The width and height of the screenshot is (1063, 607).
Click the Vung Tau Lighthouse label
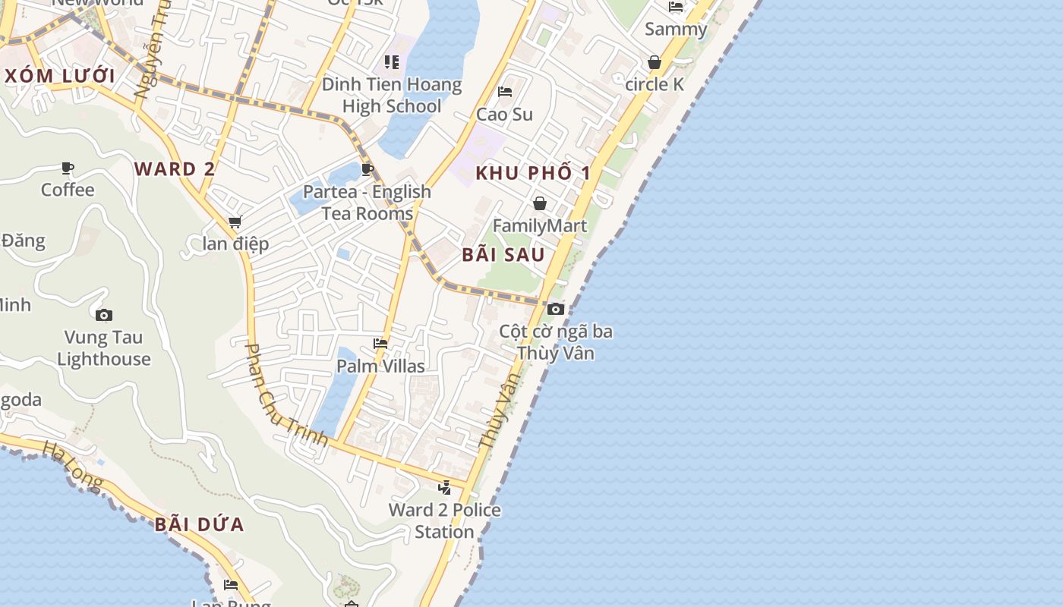[x=104, y=348]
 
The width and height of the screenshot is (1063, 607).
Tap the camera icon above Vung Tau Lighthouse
[x=104, y=315]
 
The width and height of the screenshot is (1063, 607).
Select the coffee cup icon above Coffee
[x=68, y=168]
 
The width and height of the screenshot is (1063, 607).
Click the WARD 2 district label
[x=175, y=169]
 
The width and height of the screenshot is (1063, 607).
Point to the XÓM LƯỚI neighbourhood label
[x=60, y=77]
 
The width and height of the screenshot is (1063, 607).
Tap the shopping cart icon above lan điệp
[x=235, y=222]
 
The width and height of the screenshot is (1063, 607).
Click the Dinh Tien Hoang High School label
[x=392, y=95]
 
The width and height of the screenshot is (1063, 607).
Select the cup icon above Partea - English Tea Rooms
[x=367, y=169]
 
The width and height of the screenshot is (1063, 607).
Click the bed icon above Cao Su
[x=505, y=93]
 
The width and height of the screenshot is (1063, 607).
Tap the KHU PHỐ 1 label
[x=533, y=173]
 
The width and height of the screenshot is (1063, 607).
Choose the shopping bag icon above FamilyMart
[x=540, y=203]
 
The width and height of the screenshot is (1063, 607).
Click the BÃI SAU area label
[x=503, y=255]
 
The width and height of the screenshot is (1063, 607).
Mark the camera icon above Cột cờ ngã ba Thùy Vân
[x=556, y=309]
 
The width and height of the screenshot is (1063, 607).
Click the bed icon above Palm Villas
[x=380, y=344]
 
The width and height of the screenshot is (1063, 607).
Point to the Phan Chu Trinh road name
[x=286, y=395]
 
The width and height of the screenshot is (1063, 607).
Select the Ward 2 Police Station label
[x=444, y=521]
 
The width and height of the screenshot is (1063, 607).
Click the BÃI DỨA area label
[x=200, y=524]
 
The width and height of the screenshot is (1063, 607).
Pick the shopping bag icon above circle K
[x=655, y=62]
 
